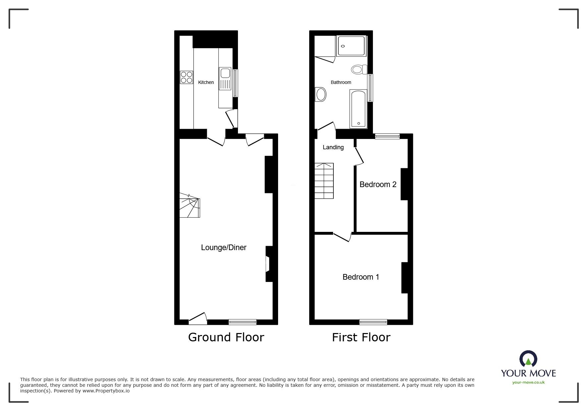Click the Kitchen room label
pos(206,82)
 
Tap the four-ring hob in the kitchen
pos(186,77)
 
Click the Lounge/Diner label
pos(224,247)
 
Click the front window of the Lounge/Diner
pos(242,322)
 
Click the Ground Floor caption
pos(226,337)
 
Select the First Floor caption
pos(361,337)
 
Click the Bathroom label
pos(341,82)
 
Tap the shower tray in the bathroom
pos(351,46)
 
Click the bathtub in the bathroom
pos(358,109)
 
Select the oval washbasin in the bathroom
pos(321,95)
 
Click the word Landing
pos(333,147)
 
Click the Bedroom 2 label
pos(378,184)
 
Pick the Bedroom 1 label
pos(361,277)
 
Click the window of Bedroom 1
pos(373,322)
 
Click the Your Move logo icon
pos(528,359)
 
